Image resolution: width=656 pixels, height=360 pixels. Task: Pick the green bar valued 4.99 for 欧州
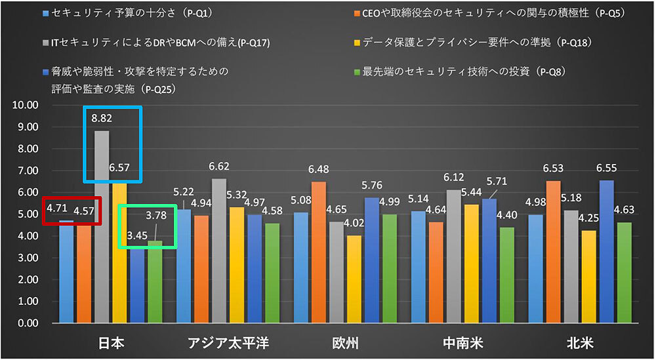coord(390,269)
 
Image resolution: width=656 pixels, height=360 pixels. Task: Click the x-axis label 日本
coord(111,343)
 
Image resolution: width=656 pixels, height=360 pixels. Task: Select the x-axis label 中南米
coord(462,343)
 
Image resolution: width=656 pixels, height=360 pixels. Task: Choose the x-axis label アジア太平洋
coord(228,343)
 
